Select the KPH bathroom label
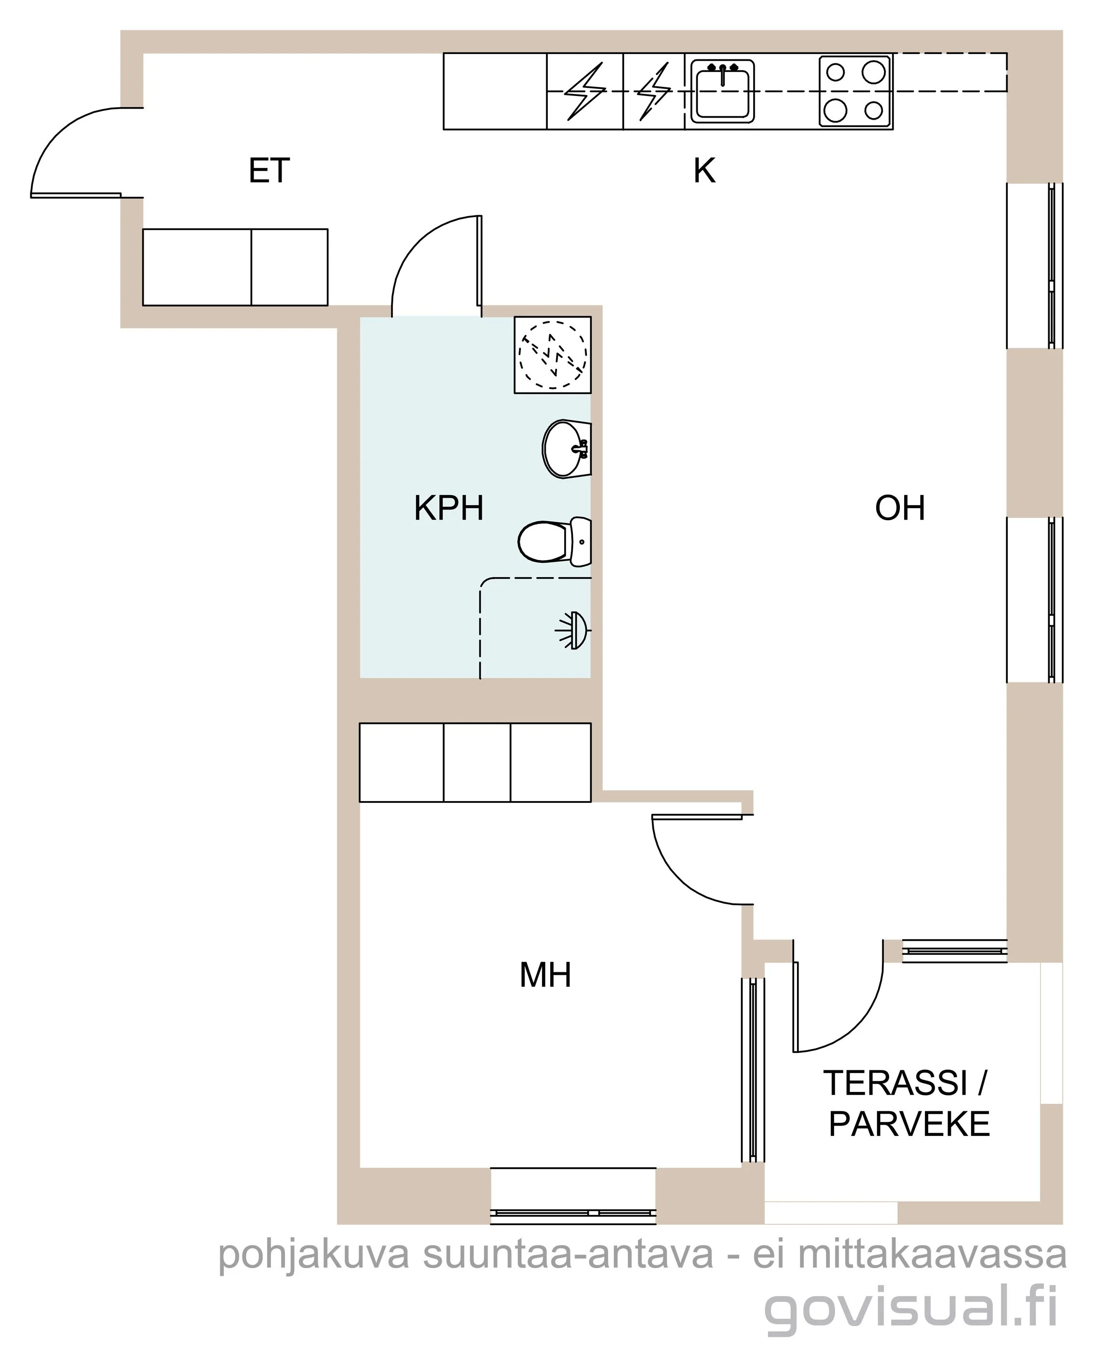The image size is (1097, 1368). [449, 508]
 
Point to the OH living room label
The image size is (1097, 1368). [900, 508]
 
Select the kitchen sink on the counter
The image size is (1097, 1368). [722, 91]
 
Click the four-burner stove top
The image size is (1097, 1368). [855, 91]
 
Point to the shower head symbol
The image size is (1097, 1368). [573, 631]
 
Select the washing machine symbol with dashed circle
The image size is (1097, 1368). [552, 355]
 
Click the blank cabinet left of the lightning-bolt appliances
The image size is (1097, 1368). [495, 91]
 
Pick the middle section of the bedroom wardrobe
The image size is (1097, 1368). [477, 762]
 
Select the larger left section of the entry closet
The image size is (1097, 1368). [197, 267]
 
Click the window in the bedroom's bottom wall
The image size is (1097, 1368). [573, 1195]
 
